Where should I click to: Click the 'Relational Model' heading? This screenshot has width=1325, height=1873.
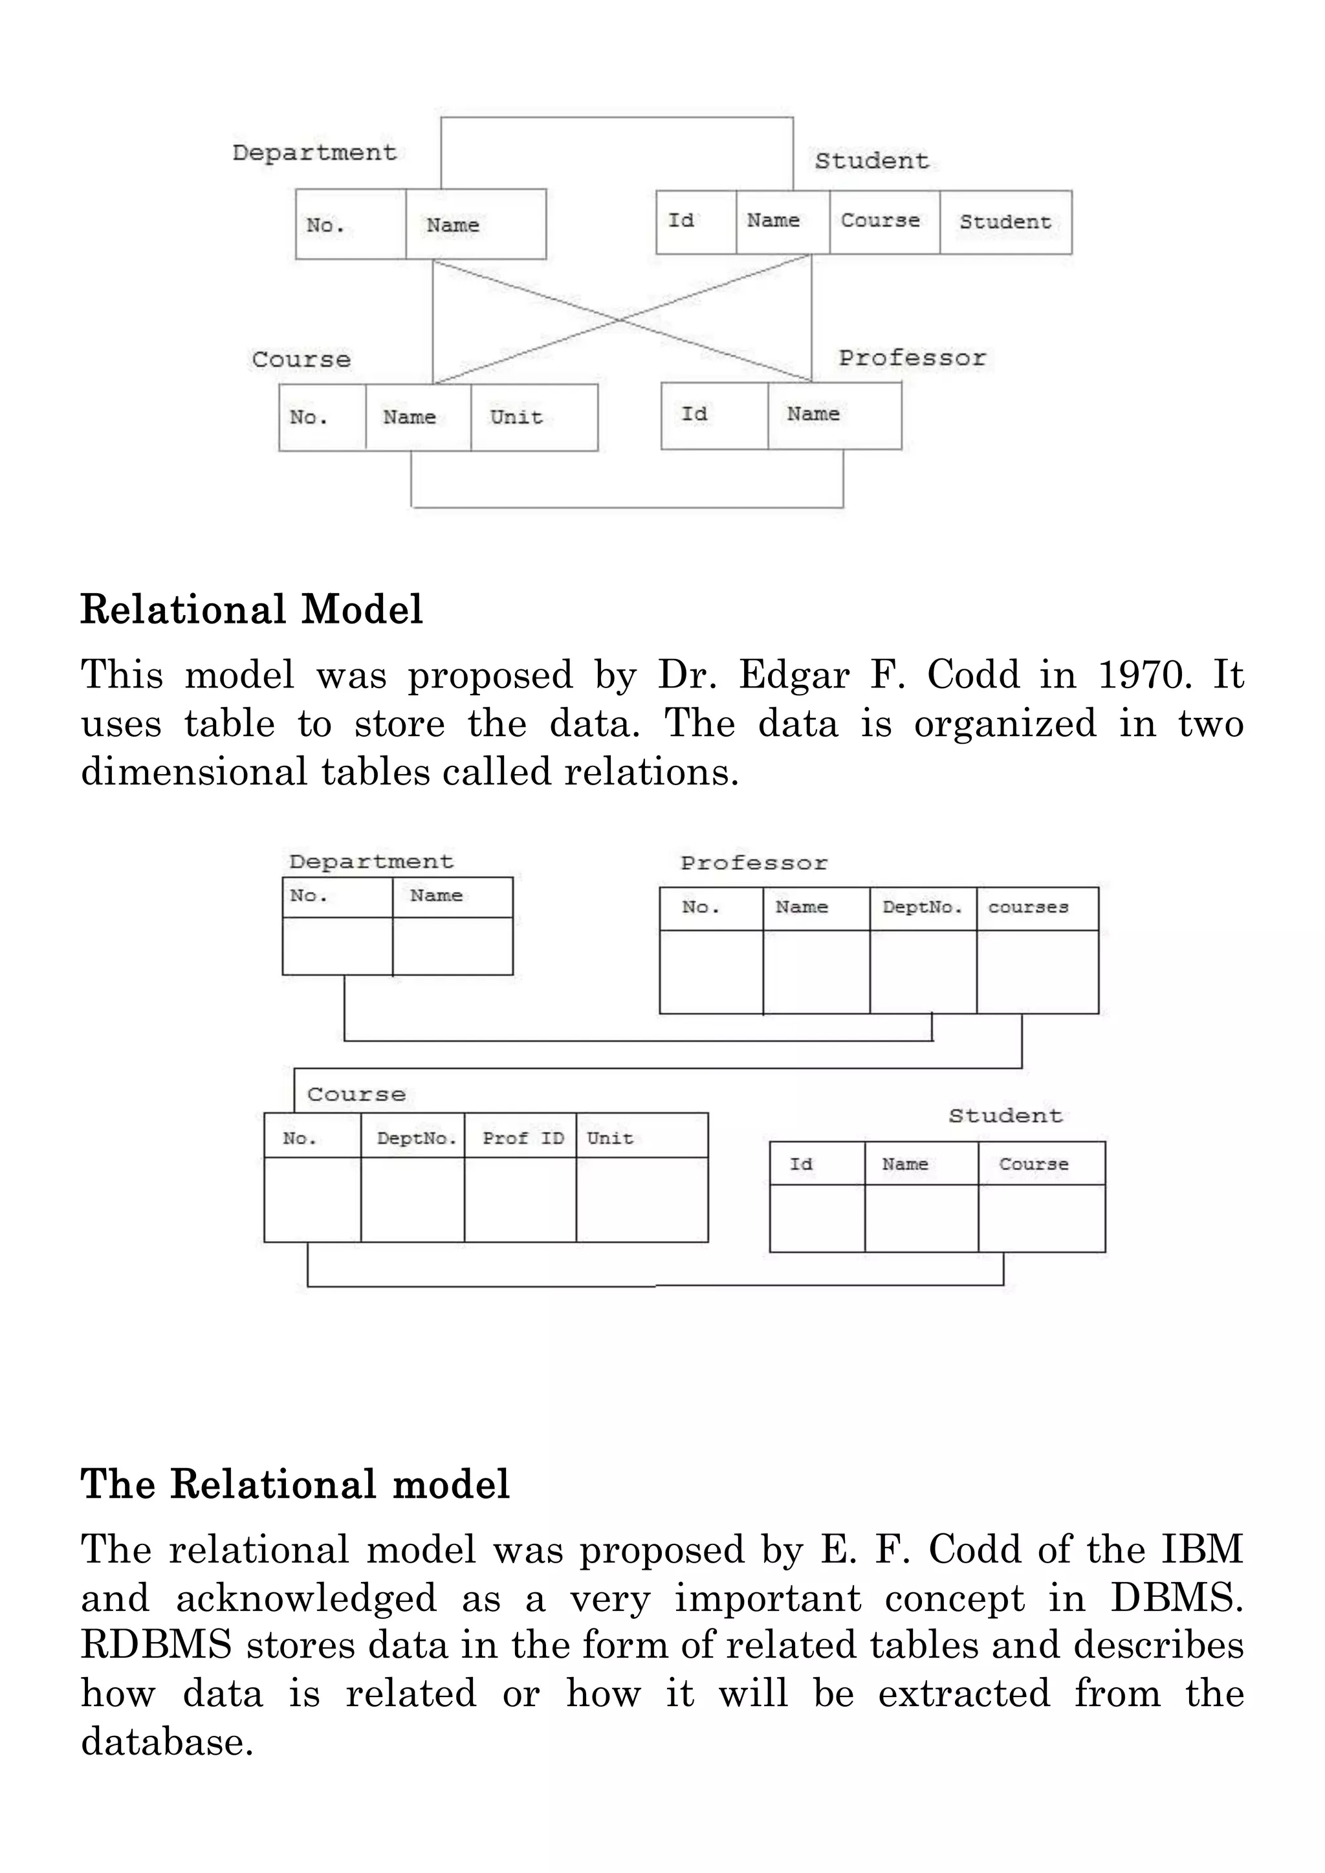coord(251,609)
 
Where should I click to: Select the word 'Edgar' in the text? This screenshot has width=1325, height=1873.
coord(794,675)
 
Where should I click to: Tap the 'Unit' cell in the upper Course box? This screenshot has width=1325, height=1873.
coord(516,417)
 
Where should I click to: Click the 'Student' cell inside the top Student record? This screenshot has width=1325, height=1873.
coord(1005,222)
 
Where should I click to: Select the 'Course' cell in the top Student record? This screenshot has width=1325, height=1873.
coord(881,221)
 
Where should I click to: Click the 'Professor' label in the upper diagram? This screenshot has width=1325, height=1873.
coord(912,358)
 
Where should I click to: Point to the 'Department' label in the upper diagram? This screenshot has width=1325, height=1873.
coord(314,153)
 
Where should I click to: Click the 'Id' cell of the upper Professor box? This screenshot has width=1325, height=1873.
coord(694,415)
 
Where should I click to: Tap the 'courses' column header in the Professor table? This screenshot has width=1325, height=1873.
coord(1028,907)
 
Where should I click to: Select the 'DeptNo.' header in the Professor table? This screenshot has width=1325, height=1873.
coord(922,907)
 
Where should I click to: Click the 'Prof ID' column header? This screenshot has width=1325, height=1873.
coord(523,1138)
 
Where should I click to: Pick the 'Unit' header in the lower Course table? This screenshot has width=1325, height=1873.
coord(609,1138)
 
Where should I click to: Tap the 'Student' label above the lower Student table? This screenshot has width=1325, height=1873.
coord(1005,1116)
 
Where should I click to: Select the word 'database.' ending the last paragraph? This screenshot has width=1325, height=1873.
coord(168,1742)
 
